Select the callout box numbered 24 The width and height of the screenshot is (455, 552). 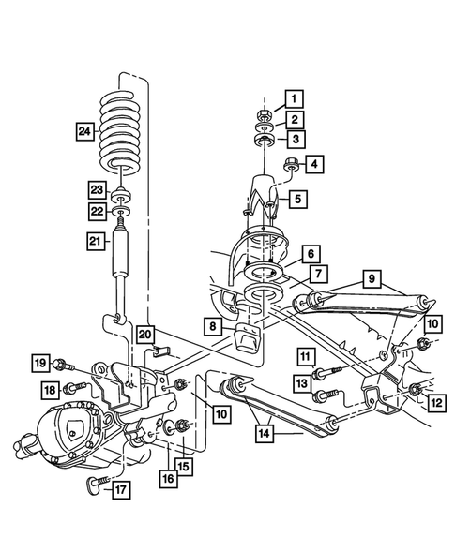point(85,131)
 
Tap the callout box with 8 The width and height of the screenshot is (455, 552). point(215,328)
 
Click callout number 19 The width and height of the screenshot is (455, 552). point(39,363)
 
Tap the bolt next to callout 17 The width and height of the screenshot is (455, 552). point(95,485)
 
